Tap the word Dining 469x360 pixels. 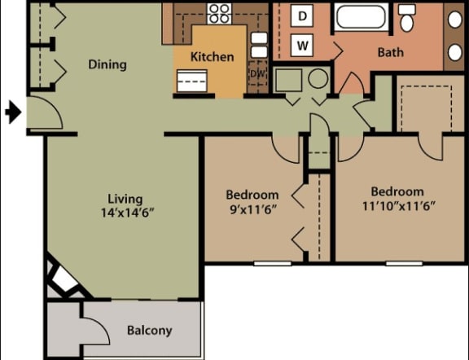coord(107,64)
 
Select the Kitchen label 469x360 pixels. coord(212,57)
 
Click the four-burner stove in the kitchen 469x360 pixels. coord(218,12)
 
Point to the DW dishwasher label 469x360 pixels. coord(257,75)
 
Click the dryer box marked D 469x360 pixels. coord(302,16)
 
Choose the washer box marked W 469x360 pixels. coord(302,44)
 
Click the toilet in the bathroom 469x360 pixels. coord(407,17)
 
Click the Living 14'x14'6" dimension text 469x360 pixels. coord(125,205)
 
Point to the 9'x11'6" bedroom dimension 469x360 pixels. coord(252,209)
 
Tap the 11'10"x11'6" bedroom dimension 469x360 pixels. coord(393,204)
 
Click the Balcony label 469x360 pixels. coord(149,330)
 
